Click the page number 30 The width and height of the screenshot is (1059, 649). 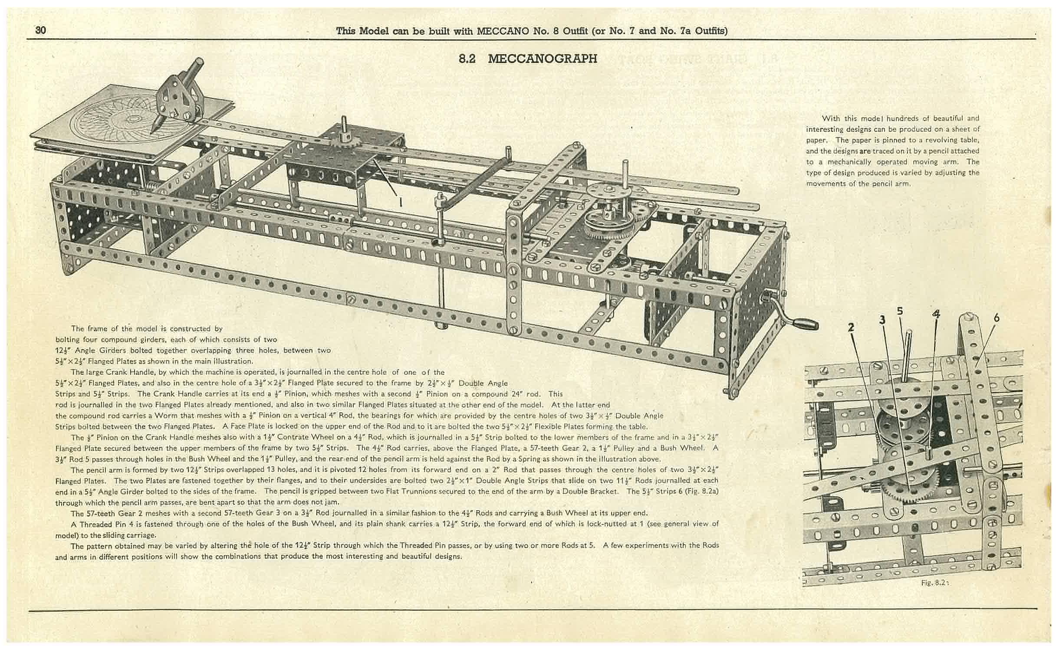point(41,30)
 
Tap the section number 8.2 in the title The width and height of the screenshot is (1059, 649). point(467,59)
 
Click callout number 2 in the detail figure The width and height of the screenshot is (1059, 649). point(851,327)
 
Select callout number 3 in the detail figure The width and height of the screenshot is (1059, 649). point(882,320)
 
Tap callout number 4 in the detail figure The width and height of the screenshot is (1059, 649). point(936,313)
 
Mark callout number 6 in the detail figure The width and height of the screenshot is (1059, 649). point(996,318)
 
